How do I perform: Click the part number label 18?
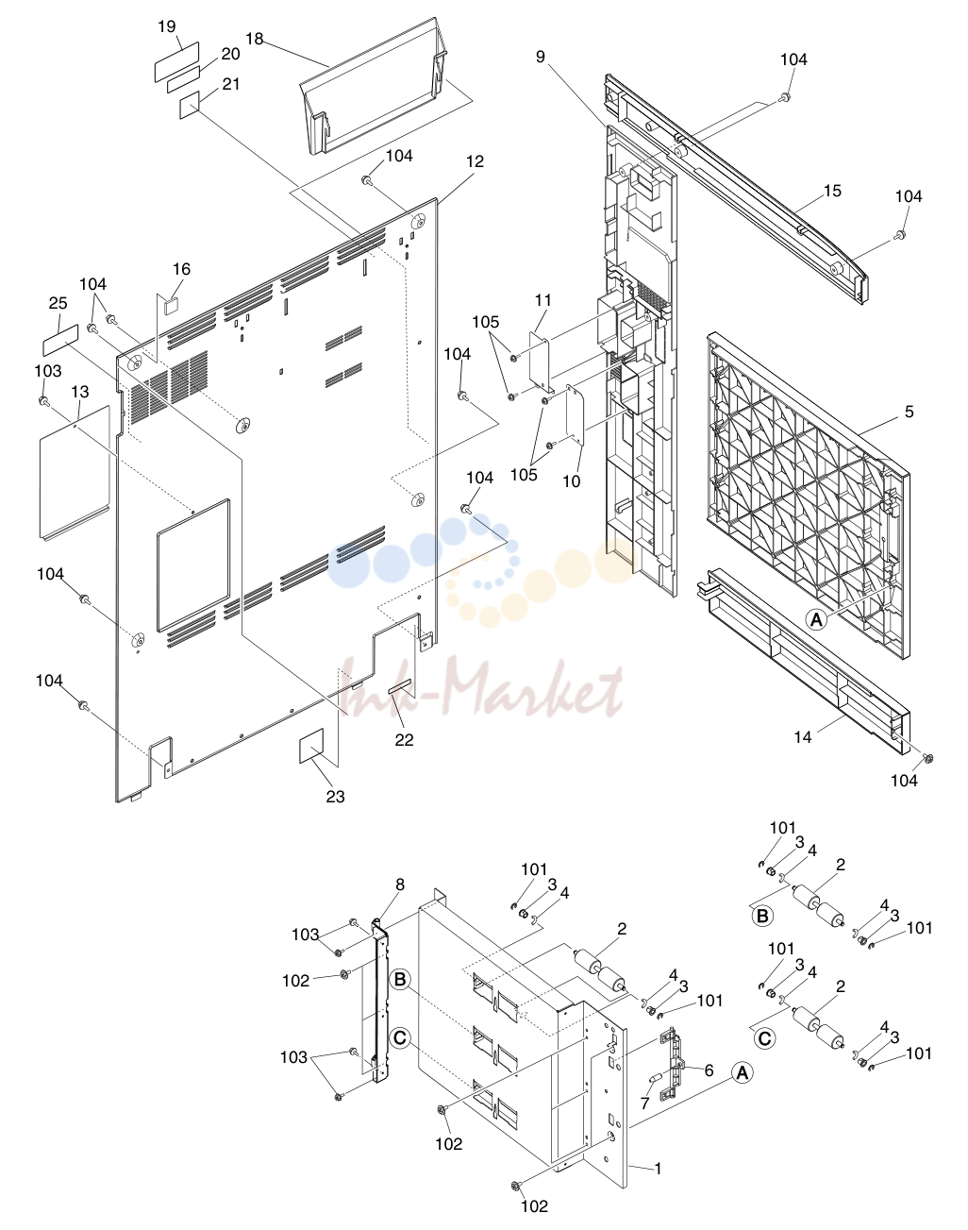pyautogui.click(x=255, y=39)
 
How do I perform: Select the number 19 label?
pyautogui.click(x=167, y=26)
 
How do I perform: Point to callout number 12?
pyautogui.click(x=475, y=161)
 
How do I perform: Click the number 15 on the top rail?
pyautogui.click(x=832, y=191)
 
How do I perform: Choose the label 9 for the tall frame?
pyautogui.click(x=541, y=58)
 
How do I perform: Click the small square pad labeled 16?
pyautogui.click(x=170, y=306)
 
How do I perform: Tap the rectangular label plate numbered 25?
pyautogui.click(x=61, y=340)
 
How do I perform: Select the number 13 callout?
pyautogui.click(x=80, y=392)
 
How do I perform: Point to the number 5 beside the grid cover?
pyautogui.click(x=910, y=412)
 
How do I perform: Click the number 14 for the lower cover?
pyautogui.click(x=803, y=737)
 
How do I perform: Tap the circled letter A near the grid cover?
pyautogui.click(x=817, y=619)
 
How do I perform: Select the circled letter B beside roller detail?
pyautogui.click(x=762, y=917)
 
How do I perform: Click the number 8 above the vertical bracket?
pyautogui.click(x=400, y=885)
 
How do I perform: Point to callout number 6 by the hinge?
pyautogui.click(x=709, y=1070)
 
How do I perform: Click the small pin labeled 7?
pyautogui.click(x=656, y=1078)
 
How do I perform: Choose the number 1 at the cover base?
pyautogui.click(x=658, y=1169)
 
